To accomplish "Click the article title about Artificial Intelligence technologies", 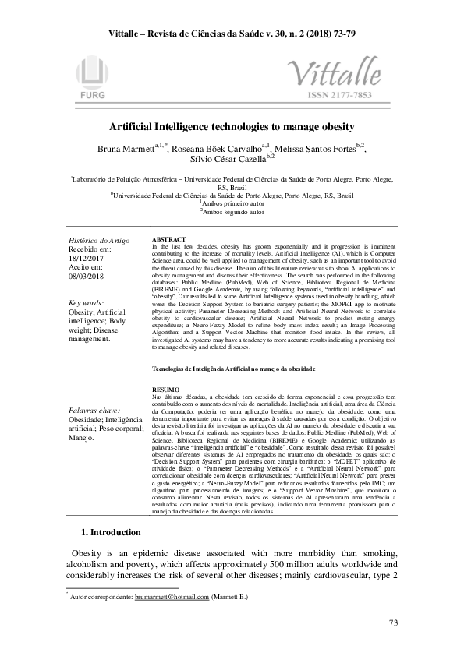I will [232, 126].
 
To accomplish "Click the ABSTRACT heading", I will [168, 238].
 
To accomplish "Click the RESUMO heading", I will [165, 388].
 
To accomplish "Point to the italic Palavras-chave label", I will [94, 408].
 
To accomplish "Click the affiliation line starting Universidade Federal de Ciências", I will [232, 196].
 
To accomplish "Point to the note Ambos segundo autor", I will [232, 212].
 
